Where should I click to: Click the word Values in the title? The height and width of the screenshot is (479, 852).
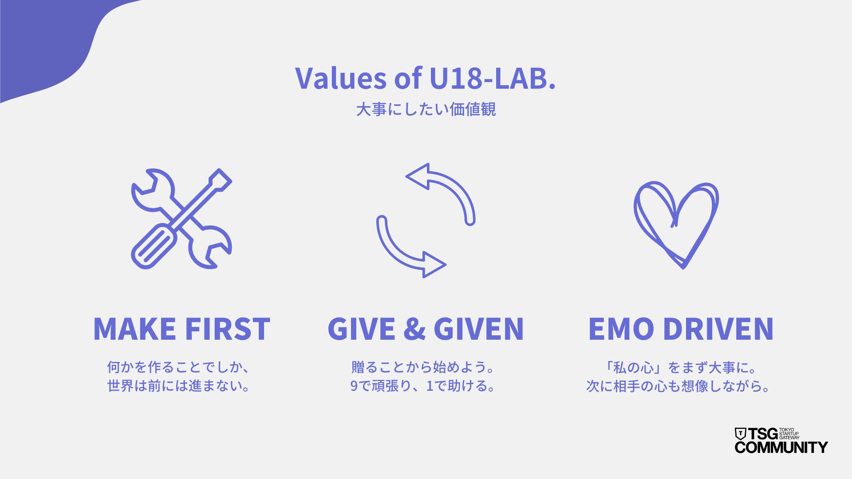[341, 78]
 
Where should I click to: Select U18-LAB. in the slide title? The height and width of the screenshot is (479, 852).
[493, 78]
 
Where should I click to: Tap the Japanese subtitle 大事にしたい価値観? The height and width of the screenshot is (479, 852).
[426, 109]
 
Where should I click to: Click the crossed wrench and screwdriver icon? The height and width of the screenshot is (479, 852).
[181, 219]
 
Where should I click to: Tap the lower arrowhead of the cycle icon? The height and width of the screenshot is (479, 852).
[434, 265]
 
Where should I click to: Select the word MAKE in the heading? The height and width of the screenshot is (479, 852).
[134, 329]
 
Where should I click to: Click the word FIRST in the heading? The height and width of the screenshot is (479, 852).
[228, 329]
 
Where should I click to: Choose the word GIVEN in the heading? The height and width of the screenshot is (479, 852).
[479, 329]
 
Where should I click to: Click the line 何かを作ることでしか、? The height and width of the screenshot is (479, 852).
[179, 368]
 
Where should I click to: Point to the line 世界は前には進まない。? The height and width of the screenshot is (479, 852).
[179, 386]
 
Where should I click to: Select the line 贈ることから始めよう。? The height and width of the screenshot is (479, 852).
[423, 368]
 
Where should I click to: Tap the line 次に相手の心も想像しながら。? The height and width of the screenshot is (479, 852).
[678, 386]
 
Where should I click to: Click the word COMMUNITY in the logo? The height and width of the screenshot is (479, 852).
[781, 447]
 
